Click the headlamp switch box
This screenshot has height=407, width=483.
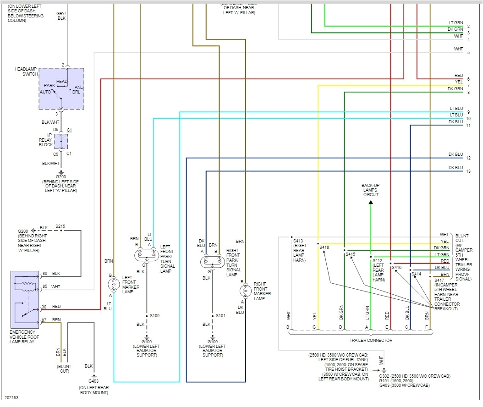[x=61, y=88]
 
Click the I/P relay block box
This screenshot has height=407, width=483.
[x=60, y=141]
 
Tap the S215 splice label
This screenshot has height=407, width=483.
[x=60, y=226]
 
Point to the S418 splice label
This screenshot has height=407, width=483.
[x=324, y=247]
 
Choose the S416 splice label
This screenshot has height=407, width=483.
[x=397, y=267]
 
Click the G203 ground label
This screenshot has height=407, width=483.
[x=60, y=176]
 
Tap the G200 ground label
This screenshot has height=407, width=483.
[x=23, y=231]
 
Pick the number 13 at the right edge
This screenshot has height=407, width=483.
[x=468, y=171]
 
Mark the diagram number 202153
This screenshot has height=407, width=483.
[x=12, y=398]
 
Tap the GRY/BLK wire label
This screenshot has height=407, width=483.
[x=61, y=16]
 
